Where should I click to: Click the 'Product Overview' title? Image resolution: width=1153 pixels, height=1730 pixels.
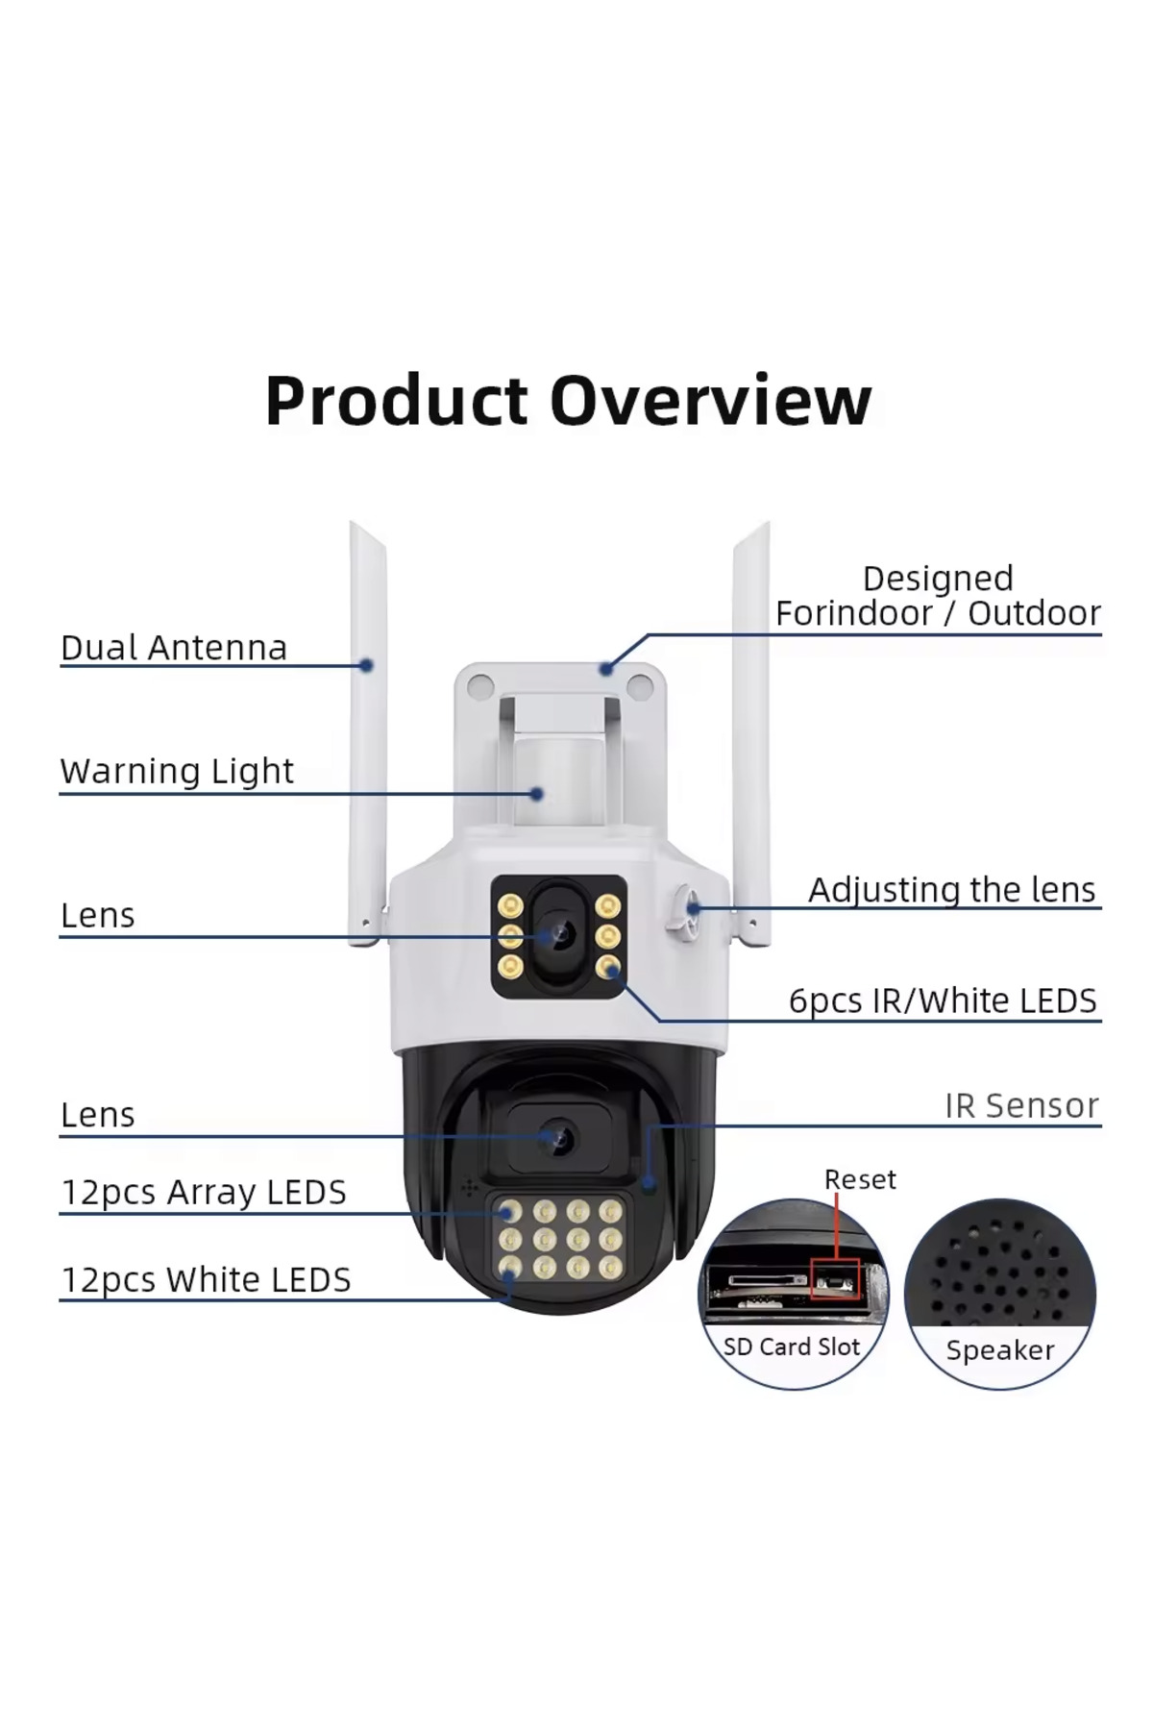(568, 400)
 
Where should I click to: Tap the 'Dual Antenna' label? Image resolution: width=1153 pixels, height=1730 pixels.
(174, 648)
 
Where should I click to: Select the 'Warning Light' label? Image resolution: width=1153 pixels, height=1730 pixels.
(177, 771)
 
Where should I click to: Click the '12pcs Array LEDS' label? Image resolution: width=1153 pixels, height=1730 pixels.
(204, 1192)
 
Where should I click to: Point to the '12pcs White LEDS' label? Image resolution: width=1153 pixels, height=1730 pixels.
(206, 1279)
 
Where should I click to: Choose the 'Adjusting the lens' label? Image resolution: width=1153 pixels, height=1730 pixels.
(951, 890)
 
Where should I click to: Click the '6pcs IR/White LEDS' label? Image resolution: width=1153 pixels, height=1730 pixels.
(943, 1001)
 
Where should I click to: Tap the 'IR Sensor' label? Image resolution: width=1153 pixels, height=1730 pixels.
(1021, 1105)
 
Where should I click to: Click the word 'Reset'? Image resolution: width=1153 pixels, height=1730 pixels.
(860, 1179)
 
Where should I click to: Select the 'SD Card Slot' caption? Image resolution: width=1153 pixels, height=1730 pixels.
(792, 1347)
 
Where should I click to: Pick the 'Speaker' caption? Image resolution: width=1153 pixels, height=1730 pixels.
(1000, 1349)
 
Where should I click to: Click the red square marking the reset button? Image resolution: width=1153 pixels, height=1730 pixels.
(835, 1278)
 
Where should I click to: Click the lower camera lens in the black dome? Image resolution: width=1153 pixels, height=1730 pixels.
(558, 1139)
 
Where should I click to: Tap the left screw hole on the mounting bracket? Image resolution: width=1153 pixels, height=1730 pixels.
(480, 686)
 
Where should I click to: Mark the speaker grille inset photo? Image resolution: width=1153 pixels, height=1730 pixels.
(999, 1278)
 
